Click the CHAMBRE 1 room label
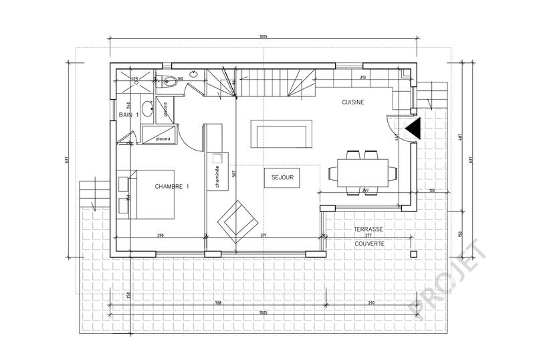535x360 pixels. (172, 187)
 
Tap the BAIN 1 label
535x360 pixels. (129, 115)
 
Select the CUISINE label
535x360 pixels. (352, 102)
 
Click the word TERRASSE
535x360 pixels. (369, 229)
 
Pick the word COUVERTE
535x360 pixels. (369, 244)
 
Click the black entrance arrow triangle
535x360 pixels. (413, 128)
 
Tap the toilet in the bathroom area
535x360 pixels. (169, 82)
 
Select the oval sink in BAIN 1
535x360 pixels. (146, 110)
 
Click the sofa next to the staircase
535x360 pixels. (280, 133)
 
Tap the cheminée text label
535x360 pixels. (217, 175)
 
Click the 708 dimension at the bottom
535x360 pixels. (218, 303)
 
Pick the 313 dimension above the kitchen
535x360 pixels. (363, 78)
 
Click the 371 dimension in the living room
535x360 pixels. (264, 236)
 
